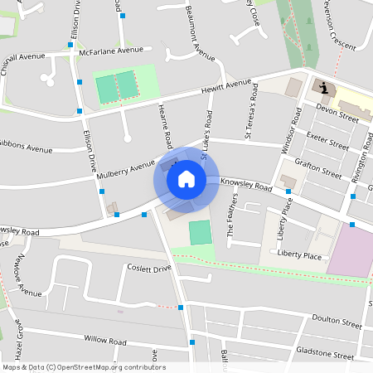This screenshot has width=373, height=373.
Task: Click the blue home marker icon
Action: (186, 179)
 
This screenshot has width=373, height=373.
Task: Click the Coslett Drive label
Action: (148, 269)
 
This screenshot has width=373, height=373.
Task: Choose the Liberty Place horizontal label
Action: (299, 256)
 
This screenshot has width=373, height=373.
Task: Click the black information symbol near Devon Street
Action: (322, 88)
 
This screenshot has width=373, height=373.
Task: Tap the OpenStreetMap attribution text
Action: (84, 367)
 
